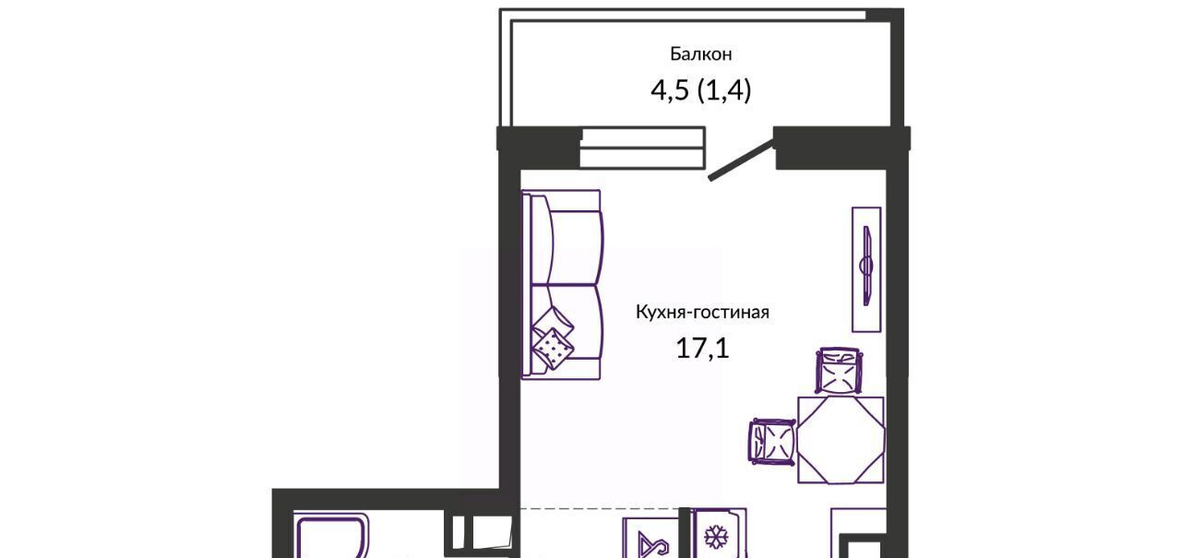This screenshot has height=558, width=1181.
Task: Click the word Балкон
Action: [700, 53]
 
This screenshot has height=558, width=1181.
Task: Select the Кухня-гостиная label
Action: [702, 312]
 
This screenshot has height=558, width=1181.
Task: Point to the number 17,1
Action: [702, 348]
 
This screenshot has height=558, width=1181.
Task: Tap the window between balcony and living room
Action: [643, 148]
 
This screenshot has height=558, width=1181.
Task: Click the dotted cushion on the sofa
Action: [553, 349]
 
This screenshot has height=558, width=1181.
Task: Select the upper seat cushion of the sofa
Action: [576, 248]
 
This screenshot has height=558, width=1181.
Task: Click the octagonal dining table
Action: [841, 440]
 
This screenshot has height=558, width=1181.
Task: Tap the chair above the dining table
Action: [840, 371]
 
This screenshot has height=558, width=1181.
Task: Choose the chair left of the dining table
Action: [772, 442]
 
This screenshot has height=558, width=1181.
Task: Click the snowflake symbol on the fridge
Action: [716, 538]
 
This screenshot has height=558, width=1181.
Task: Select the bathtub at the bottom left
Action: [330, 534]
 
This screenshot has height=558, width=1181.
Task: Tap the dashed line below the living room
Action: [600, 508]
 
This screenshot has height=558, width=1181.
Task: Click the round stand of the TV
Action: [865, 265]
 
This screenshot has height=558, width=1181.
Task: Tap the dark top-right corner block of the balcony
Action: [885, 16]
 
